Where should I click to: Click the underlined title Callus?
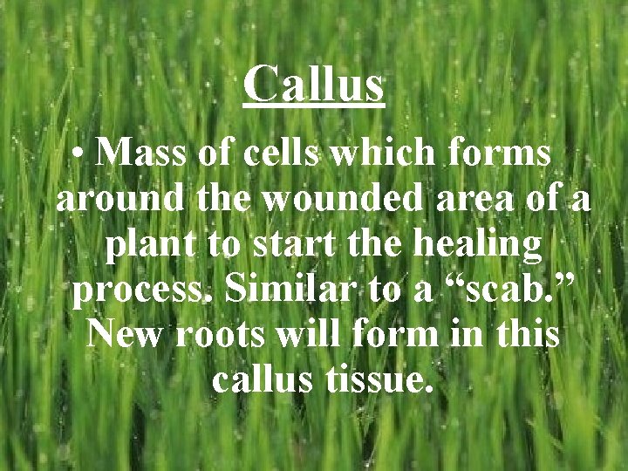tap(314, 85)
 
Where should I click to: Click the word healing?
tap(475, 247)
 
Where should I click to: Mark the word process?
tap(144, 293)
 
